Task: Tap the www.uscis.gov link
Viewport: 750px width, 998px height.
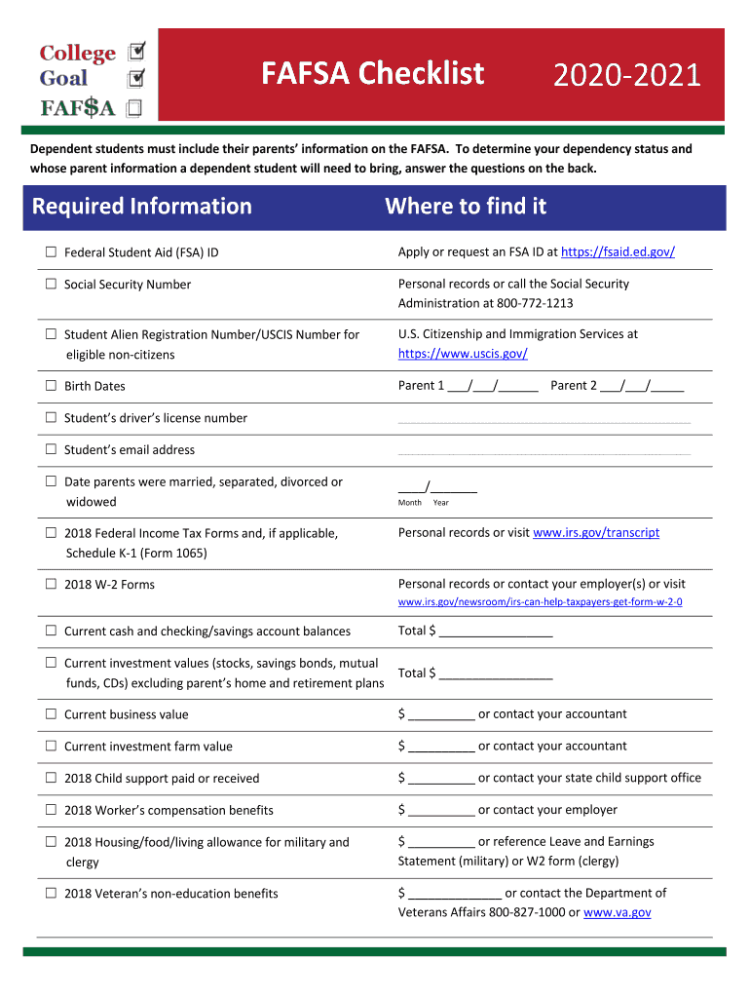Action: point(463,354)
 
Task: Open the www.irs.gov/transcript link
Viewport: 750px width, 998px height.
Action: point(596,533)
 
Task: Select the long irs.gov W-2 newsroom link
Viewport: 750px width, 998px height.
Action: point(540,602)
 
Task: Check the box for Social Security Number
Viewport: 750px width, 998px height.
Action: point(51,285)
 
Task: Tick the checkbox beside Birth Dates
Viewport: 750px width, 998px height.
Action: point(51,386)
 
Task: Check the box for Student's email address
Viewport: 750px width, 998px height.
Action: point(51,450)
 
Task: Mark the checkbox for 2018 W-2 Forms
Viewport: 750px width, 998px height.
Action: point(51,585)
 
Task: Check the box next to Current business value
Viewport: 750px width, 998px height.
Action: point(51,714)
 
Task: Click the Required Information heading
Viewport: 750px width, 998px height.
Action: point(142,207)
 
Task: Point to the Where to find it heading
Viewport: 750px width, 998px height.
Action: point(466,207)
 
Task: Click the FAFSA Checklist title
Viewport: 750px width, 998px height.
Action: point(372,74)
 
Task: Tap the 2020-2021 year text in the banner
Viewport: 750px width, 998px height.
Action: point(627,76)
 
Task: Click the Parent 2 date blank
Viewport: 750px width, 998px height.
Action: point(642,386)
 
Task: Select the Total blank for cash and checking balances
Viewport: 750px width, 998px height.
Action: point(496,632)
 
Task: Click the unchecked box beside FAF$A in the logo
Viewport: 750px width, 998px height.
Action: point(133,108)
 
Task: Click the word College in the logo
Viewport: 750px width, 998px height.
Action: point(77,54)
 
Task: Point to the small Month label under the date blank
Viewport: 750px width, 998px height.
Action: point(410,503)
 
